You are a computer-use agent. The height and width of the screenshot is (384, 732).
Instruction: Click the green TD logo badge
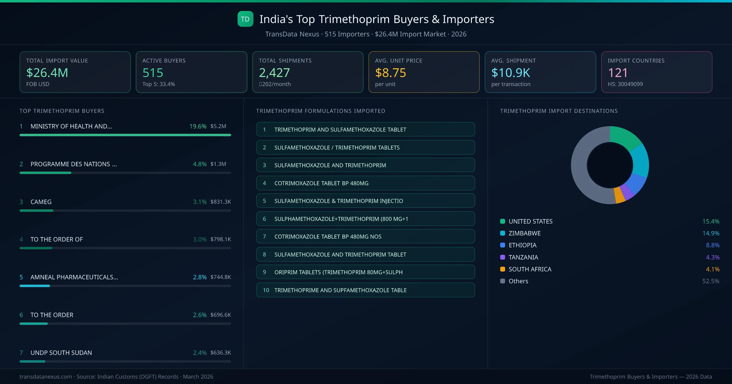(245, 19)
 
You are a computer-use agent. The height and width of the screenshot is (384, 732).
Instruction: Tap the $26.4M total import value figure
(47, 73)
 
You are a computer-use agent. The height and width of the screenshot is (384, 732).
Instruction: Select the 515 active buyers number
(152, 73)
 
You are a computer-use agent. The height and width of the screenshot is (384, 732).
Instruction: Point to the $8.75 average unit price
(390, 73)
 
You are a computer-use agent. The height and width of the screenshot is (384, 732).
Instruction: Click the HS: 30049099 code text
(625, 84)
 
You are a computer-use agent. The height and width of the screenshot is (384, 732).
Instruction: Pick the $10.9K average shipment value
(511, 73)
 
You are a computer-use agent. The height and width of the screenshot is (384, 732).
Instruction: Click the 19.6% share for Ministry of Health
(198, 126)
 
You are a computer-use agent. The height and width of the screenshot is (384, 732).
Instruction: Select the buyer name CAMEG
(41, 202)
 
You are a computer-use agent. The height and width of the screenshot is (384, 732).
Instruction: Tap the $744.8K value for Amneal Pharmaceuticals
(221, 277)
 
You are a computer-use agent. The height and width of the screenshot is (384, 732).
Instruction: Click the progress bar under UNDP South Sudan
(125, 361)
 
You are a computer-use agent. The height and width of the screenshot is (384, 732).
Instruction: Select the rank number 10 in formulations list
(266, 290)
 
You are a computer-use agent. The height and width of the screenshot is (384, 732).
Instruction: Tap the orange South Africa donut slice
(619, 195)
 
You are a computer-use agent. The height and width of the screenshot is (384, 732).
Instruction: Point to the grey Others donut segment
(579, 171)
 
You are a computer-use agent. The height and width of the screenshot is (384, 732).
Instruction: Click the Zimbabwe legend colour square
(503, 233)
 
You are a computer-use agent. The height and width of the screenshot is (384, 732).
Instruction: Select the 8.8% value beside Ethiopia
(712, 245)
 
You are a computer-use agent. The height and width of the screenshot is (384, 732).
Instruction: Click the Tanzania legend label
(523, 257)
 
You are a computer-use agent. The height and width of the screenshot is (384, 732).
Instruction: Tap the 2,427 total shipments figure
(274, 73)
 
